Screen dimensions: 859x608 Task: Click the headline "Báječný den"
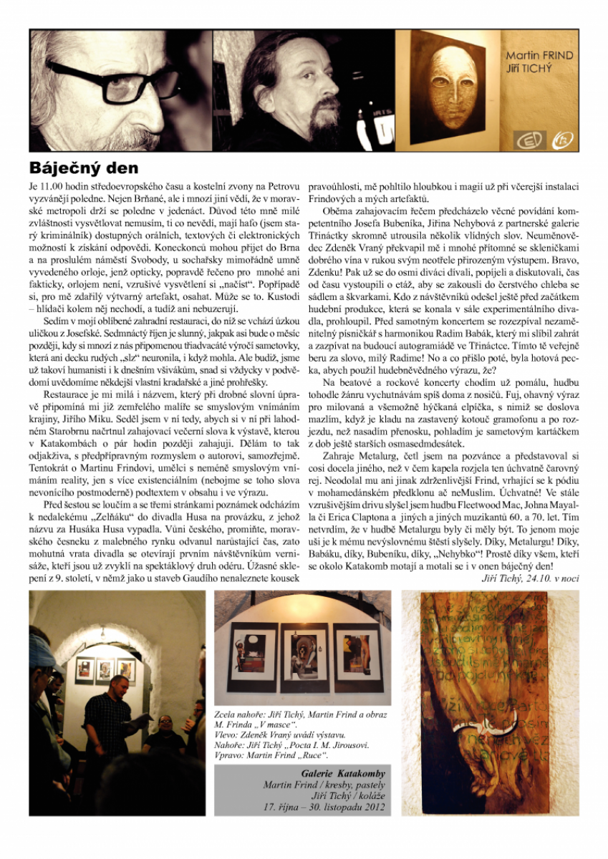point(83,169)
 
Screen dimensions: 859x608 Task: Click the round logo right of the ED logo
point(564,139)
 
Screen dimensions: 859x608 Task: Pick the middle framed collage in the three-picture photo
point(302,651)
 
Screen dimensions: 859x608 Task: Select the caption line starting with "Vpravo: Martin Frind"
point(272,754)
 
